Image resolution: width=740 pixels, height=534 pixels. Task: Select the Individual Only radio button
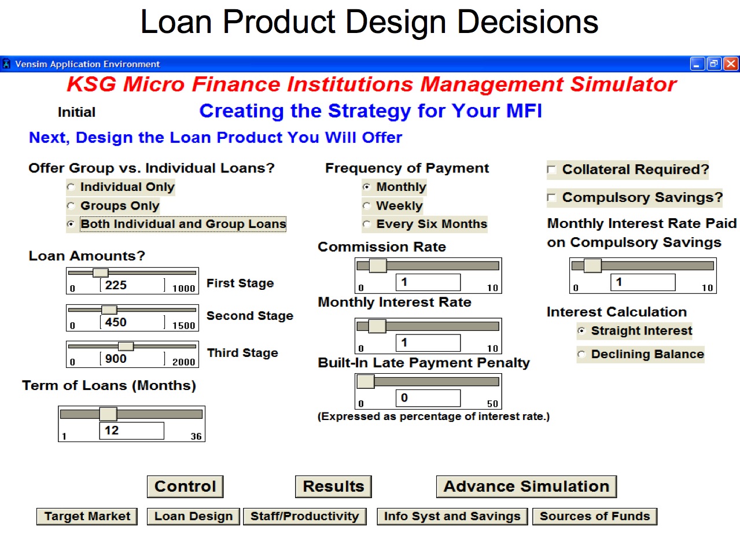click(x=71, y=187)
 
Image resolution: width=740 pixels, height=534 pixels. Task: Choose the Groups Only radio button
click(x=71, y=206)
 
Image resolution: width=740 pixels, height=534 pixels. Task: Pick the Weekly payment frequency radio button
click(x=366, y=206)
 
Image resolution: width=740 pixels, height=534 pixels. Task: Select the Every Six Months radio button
click(x=366, y=224)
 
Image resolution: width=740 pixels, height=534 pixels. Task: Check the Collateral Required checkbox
click(x=551, y=170)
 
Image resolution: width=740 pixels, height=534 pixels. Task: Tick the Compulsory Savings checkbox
click(x=551, y=197)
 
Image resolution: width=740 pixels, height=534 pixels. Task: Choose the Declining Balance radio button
click(x=581, y=354)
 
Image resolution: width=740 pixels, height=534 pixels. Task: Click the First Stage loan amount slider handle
click(x=101, y=272)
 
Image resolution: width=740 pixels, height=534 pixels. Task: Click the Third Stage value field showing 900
click(x=132, y=359)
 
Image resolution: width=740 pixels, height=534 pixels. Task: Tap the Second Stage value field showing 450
click(x=132, y=322)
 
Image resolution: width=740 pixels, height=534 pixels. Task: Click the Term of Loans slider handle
click(x=108, y=414)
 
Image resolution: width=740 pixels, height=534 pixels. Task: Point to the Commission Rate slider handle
click(x=378, y=266)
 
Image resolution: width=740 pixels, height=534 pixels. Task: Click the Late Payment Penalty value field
click(x=428, y=398)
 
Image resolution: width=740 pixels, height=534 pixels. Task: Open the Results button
click(x=333, y=487)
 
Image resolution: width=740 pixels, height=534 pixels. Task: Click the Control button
click(x=185, y=487)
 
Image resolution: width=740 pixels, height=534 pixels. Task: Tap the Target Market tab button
click(x=87, y=517)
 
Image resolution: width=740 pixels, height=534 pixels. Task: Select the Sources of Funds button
click(x=595, y=517)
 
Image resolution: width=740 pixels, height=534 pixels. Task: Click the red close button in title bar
click(x=731, y=64)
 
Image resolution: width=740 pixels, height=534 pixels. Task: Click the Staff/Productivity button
click(x=304, y=517)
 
